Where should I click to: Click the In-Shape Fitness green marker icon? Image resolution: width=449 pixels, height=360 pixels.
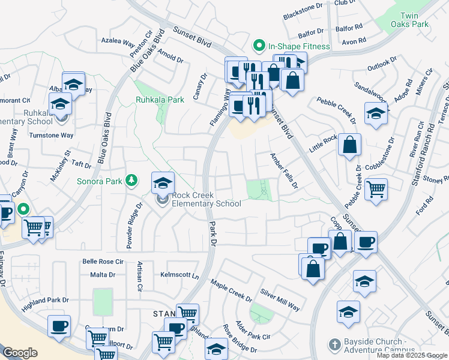pyautogui.click(x=259, y=46)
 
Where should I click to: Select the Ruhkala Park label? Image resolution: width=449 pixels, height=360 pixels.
pyautogui.click(x=160, y=100)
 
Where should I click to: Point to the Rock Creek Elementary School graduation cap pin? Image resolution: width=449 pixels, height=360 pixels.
pyautogui.click(x=163, y=183)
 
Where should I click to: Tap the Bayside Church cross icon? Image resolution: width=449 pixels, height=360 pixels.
pyautogui.click(x=334, y=344)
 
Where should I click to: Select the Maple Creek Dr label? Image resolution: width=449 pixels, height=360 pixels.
pyautogui.click(x=231, y=290)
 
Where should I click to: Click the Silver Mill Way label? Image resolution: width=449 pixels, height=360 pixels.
pyautogui.click(x=280, y=299)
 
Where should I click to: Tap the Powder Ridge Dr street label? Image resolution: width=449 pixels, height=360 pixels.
pyautogui.click(x=133, y=225)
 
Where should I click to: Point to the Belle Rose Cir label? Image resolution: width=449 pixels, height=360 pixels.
pyautogui.click(x=103, y=262)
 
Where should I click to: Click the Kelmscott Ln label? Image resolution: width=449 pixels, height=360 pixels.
pyautogui.click(x=179, y=274)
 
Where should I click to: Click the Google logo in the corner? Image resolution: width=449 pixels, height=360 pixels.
pyautogui.click(x=20, y=353)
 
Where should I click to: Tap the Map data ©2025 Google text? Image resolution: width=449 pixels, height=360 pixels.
pyautogui.click(x=412, y=355)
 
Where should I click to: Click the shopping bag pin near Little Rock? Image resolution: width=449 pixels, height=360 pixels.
pyautogui.click(x=349, y=145)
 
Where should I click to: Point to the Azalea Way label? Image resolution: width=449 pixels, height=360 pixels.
pyautogui.click(x=118, y=43)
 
